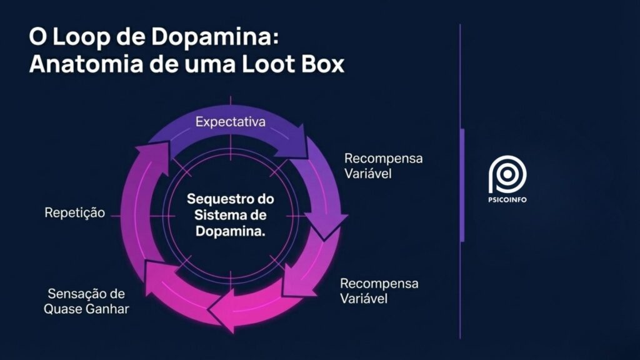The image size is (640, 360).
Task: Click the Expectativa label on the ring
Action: tap(230, 122)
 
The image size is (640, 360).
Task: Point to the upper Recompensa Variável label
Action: tap(383, 166)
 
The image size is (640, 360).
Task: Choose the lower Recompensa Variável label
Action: tap(379, 291)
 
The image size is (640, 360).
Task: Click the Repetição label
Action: tap(74, 213)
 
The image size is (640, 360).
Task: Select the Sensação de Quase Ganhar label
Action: tap(86, 301)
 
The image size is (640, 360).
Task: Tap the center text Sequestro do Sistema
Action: tap(231, 207)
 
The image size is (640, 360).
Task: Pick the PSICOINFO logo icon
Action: tap(507, 174)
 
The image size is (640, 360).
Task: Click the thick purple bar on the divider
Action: tap(462, 184)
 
